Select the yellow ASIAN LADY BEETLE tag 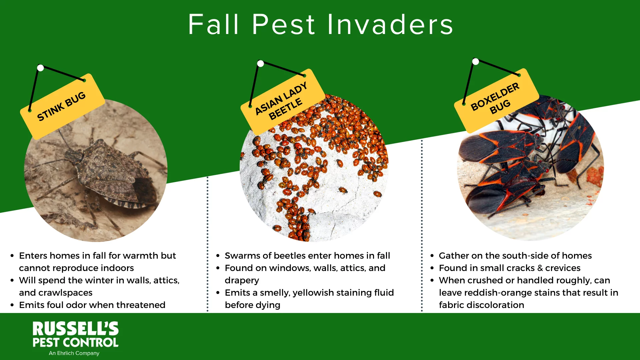click(282, 101)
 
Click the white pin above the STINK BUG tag click(41, 68)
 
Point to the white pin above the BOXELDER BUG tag click(476, 62)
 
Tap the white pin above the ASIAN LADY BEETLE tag click(261, 64)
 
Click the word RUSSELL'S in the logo click(76, 329)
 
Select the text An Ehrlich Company click(74, 353)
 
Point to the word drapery click(242, 280)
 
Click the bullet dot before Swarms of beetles click(218, 256)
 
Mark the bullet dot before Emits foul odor click(12, 305)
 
